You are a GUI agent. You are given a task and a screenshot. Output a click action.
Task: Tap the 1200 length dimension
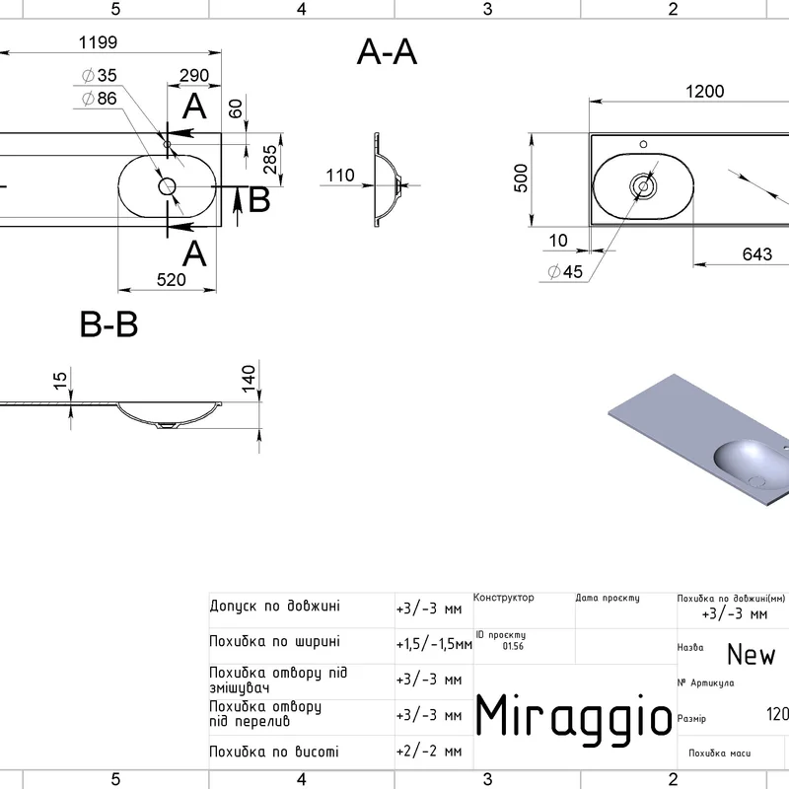tap(704, 91)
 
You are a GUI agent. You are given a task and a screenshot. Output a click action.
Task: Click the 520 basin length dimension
tap(171, 280)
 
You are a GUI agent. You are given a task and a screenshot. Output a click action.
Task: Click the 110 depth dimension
tap(340, 176)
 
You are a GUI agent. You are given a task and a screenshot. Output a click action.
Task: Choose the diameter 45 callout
tap(565, 272)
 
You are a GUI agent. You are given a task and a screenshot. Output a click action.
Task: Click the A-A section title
tap(387, 53)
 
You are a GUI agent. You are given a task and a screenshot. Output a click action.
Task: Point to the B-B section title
tap(108, 324)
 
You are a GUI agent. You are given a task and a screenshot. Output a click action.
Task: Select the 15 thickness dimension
tap(61, 380)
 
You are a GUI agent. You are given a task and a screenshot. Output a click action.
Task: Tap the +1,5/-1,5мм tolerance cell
tap(433, 644)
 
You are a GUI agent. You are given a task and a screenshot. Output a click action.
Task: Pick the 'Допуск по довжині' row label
tap(275, 606)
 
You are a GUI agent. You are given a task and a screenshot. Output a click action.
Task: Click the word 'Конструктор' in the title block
tap(504, 598)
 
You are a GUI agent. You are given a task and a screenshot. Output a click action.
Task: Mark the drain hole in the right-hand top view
tap(643, 184)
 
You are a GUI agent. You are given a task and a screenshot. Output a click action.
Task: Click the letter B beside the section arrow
tap(258, 200)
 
